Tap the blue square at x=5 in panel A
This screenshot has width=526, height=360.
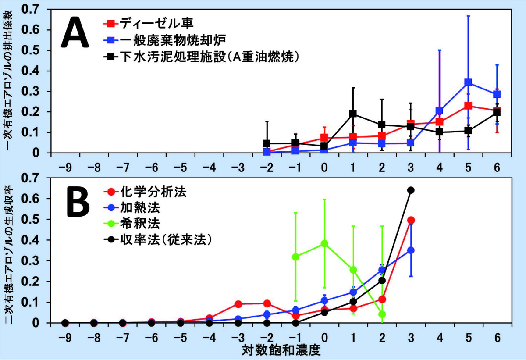[x=468, y=82]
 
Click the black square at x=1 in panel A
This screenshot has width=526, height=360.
[x=353, y=114]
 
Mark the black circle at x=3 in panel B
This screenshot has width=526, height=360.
[x=411, y=190]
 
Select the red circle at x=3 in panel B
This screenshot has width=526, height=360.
[x=411, y=220]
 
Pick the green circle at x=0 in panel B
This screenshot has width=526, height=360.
[x=324, y=243]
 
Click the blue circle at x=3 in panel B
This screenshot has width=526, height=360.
[x=411, y=250]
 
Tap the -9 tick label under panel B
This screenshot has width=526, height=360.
[x=65, y=338]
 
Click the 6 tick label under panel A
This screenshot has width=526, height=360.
[x=497, y=168]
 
